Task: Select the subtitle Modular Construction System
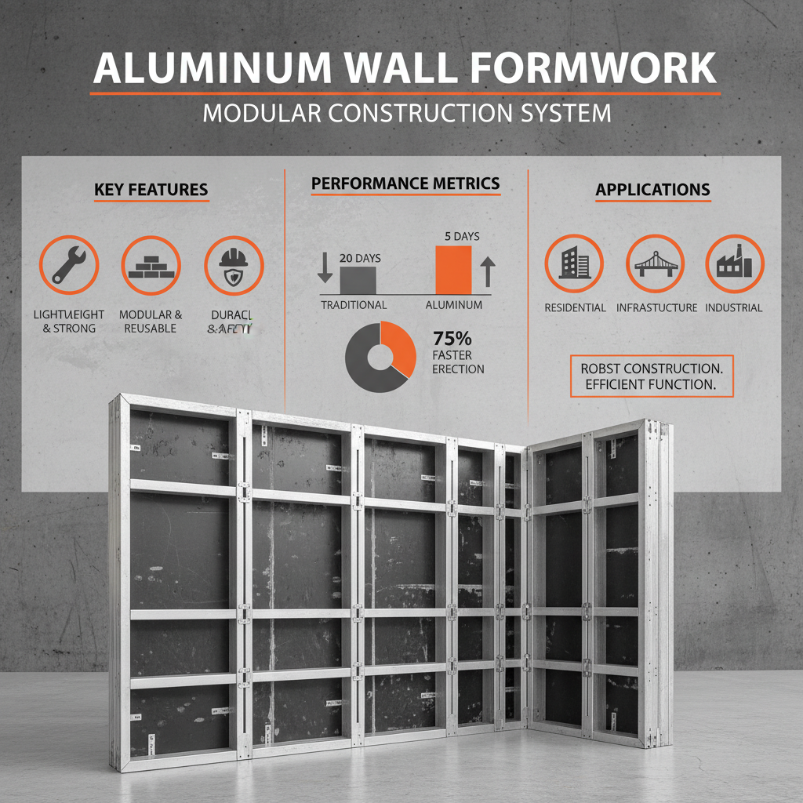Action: pos(406,112)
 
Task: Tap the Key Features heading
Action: pos(151,190)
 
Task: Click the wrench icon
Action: pos(69,265)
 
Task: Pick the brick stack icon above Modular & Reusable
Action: pos(151,265)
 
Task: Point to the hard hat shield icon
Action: pos(233,265)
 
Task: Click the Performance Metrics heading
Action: pos(405,183)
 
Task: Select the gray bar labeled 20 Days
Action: pos(358,279)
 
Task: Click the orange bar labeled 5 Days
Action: pos(453,270)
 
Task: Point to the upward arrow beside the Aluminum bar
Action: pos(487,272)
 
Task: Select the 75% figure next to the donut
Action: pos(452,339)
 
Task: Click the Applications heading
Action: pos(652,190)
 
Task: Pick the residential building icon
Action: pos(574,263)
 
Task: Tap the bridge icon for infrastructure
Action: pos(656,263)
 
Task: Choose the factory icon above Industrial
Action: pos(735,263)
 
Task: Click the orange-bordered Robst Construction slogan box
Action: pos(652,376)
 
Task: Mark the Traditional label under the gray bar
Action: pos(354,304)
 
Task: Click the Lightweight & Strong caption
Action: pos(69,321)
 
